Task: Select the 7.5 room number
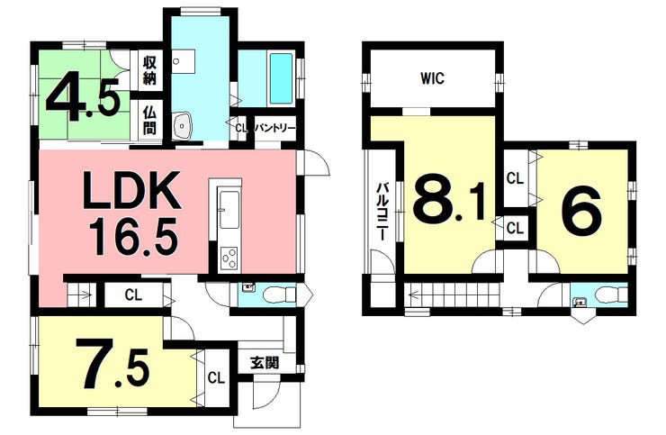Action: click(x=112, y=365)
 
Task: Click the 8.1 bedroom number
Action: click(x=450, y=199)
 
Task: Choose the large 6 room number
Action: click(x=581, y=208)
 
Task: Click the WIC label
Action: click(x=433, y=78)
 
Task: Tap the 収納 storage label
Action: click(x=149, y=69)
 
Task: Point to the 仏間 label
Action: click(x=149, y=120)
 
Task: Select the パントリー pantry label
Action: click(x=274, y=128)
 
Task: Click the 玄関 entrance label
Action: click(x=265, y=363)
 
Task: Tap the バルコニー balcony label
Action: click(x=383, y=212)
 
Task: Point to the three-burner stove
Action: click(x=229, y=258)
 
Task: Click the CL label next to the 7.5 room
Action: click(x=216, y=377)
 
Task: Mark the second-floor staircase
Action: click(x=453, y=295)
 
